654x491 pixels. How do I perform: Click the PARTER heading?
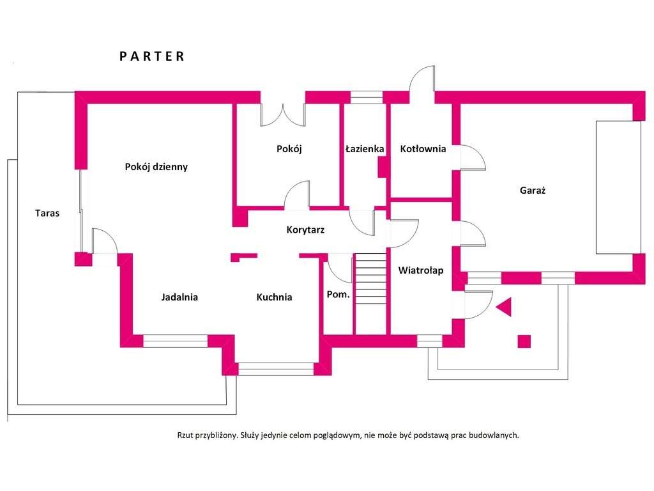[152, 56]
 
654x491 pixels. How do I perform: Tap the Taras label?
[47, 213]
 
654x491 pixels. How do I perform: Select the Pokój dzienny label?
[156, 167]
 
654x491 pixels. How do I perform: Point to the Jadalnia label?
[179, 297]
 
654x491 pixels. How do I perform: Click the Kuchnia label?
[274, 297]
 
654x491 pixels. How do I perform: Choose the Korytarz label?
[305, 230]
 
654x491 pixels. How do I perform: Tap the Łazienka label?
[365, 149]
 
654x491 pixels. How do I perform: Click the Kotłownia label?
[423, 149]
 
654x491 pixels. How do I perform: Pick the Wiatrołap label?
[421, 270]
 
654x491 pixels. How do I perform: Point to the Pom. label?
[338, 294]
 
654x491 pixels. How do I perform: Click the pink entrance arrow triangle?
[505, 308]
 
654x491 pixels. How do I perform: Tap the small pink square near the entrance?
[524, 341]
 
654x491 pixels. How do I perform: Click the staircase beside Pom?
[370, 293]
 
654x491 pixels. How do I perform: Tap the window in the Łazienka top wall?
[367, 97]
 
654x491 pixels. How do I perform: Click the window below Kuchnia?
[277, 368]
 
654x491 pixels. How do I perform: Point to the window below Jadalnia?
[175, 341]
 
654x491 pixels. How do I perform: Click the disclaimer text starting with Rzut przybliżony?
[348, 435]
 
